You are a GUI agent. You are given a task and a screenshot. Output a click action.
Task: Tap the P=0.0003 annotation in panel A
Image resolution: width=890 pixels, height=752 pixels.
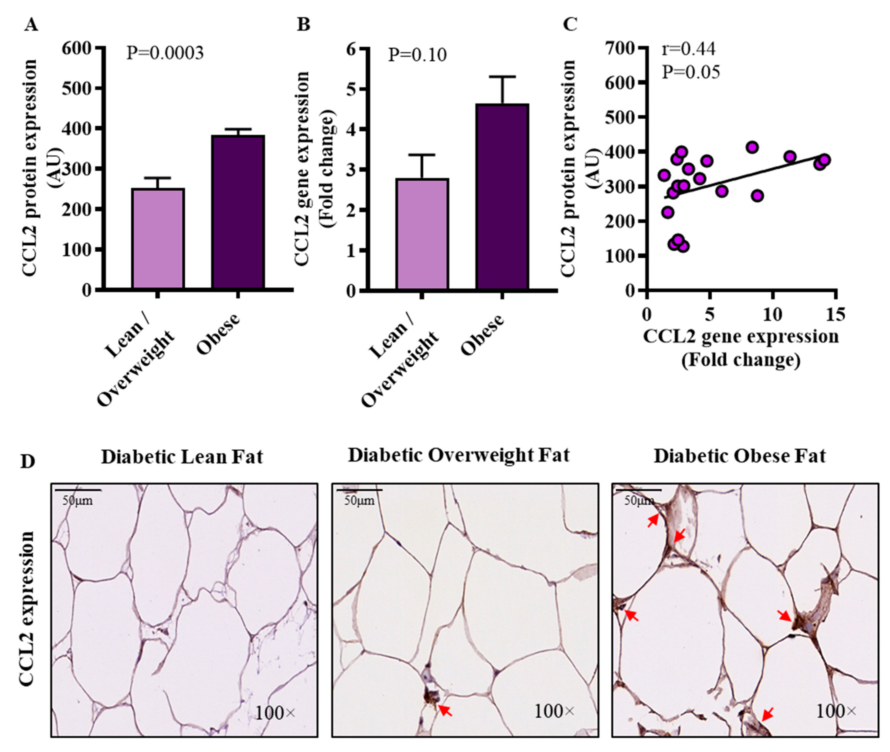pyautogui.click(x=165, y=53)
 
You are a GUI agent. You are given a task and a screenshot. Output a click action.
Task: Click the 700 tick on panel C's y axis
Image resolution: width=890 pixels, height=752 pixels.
pyautogui.click(x=620, y=48)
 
